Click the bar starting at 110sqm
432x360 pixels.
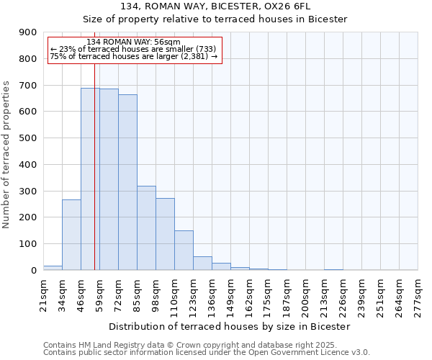click(184, 251)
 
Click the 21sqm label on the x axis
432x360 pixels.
click(44, 293)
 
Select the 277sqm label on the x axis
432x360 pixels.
click(418, 293)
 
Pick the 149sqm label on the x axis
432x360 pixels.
click(231, 293)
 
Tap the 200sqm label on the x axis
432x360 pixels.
click(306, 293)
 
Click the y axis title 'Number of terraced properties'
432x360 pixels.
click(6, 155)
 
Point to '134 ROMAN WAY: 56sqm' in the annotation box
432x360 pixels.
click(133, 43)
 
